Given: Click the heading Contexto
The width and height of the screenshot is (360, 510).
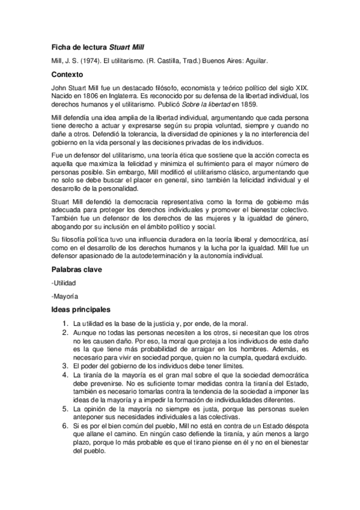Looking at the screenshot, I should (67, 75).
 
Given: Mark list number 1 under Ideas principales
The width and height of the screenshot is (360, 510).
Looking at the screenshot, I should (67, 324).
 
